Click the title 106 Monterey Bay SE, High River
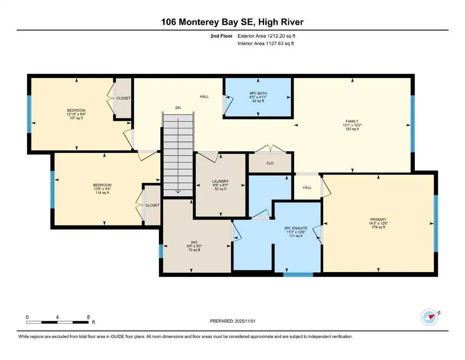232,22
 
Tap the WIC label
190,243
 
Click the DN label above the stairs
178,108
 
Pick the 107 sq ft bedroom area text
75,118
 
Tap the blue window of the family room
413,124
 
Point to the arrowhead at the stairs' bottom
178,191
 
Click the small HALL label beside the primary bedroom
307,187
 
